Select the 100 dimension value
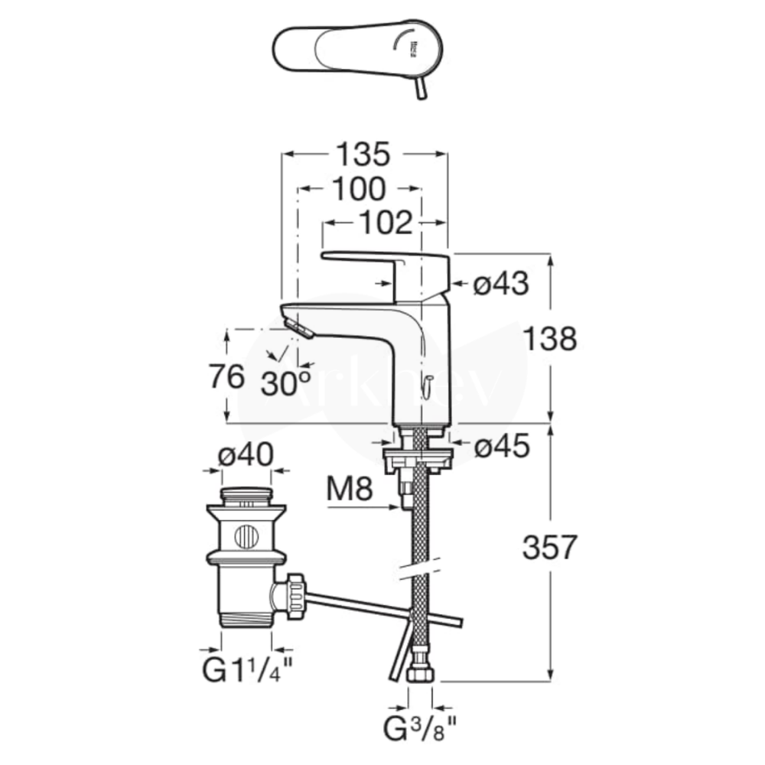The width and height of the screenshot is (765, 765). tap(358, 189)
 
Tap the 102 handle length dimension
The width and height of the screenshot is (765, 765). tap(383, 223)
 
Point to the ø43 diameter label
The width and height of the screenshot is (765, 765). tap(501, 285)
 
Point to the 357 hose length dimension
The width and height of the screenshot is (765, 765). tap(548, 547)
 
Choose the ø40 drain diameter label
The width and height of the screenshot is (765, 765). tap(245, 457)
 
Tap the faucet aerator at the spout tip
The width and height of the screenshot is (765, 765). tap(299, 328)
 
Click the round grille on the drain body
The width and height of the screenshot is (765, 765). tap(246, 536)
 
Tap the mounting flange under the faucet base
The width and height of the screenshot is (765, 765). tap(418, 457)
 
